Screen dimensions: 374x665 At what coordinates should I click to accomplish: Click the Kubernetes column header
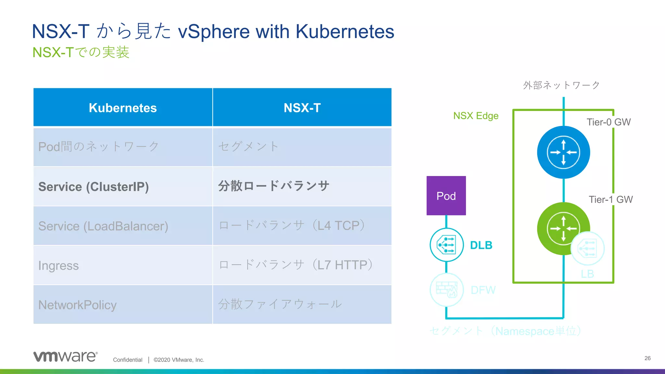(x=123, y=108)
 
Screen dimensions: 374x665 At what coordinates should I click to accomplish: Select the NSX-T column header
(x=302, y=108)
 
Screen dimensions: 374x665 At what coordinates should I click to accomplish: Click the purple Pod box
(x=446, y=196)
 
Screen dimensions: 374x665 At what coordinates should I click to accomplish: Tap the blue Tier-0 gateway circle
(x=563, y=152)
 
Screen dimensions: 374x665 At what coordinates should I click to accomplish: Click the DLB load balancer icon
(x=446, y=245)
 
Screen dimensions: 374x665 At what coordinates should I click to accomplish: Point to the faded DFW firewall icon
(x=446, y=290)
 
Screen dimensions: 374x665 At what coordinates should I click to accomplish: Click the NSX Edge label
(x=476, y=116)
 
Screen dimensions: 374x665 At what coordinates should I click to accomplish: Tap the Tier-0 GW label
(x=609, y=122)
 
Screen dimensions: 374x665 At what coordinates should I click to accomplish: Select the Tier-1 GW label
(x=610, y=199)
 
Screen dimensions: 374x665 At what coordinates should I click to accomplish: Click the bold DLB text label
(x=481, y=245)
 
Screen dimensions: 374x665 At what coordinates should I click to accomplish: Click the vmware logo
(x=65, y=356)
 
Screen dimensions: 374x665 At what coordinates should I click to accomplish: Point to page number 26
(x=647, y=358)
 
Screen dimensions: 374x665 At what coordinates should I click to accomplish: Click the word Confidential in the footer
(x=128, y=360)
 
